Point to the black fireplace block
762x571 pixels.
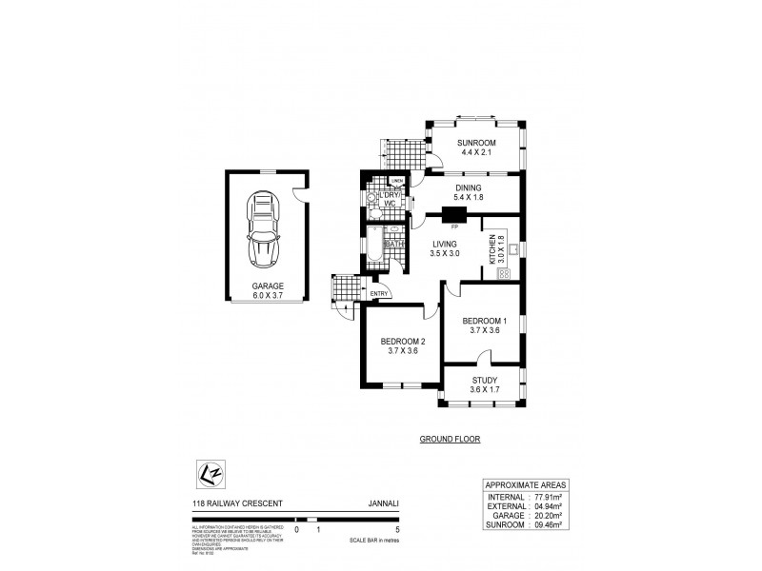(x=452, y=214)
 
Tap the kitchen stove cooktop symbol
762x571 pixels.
(x=504, y=273)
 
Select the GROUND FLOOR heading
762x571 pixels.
(x=450, y=440)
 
